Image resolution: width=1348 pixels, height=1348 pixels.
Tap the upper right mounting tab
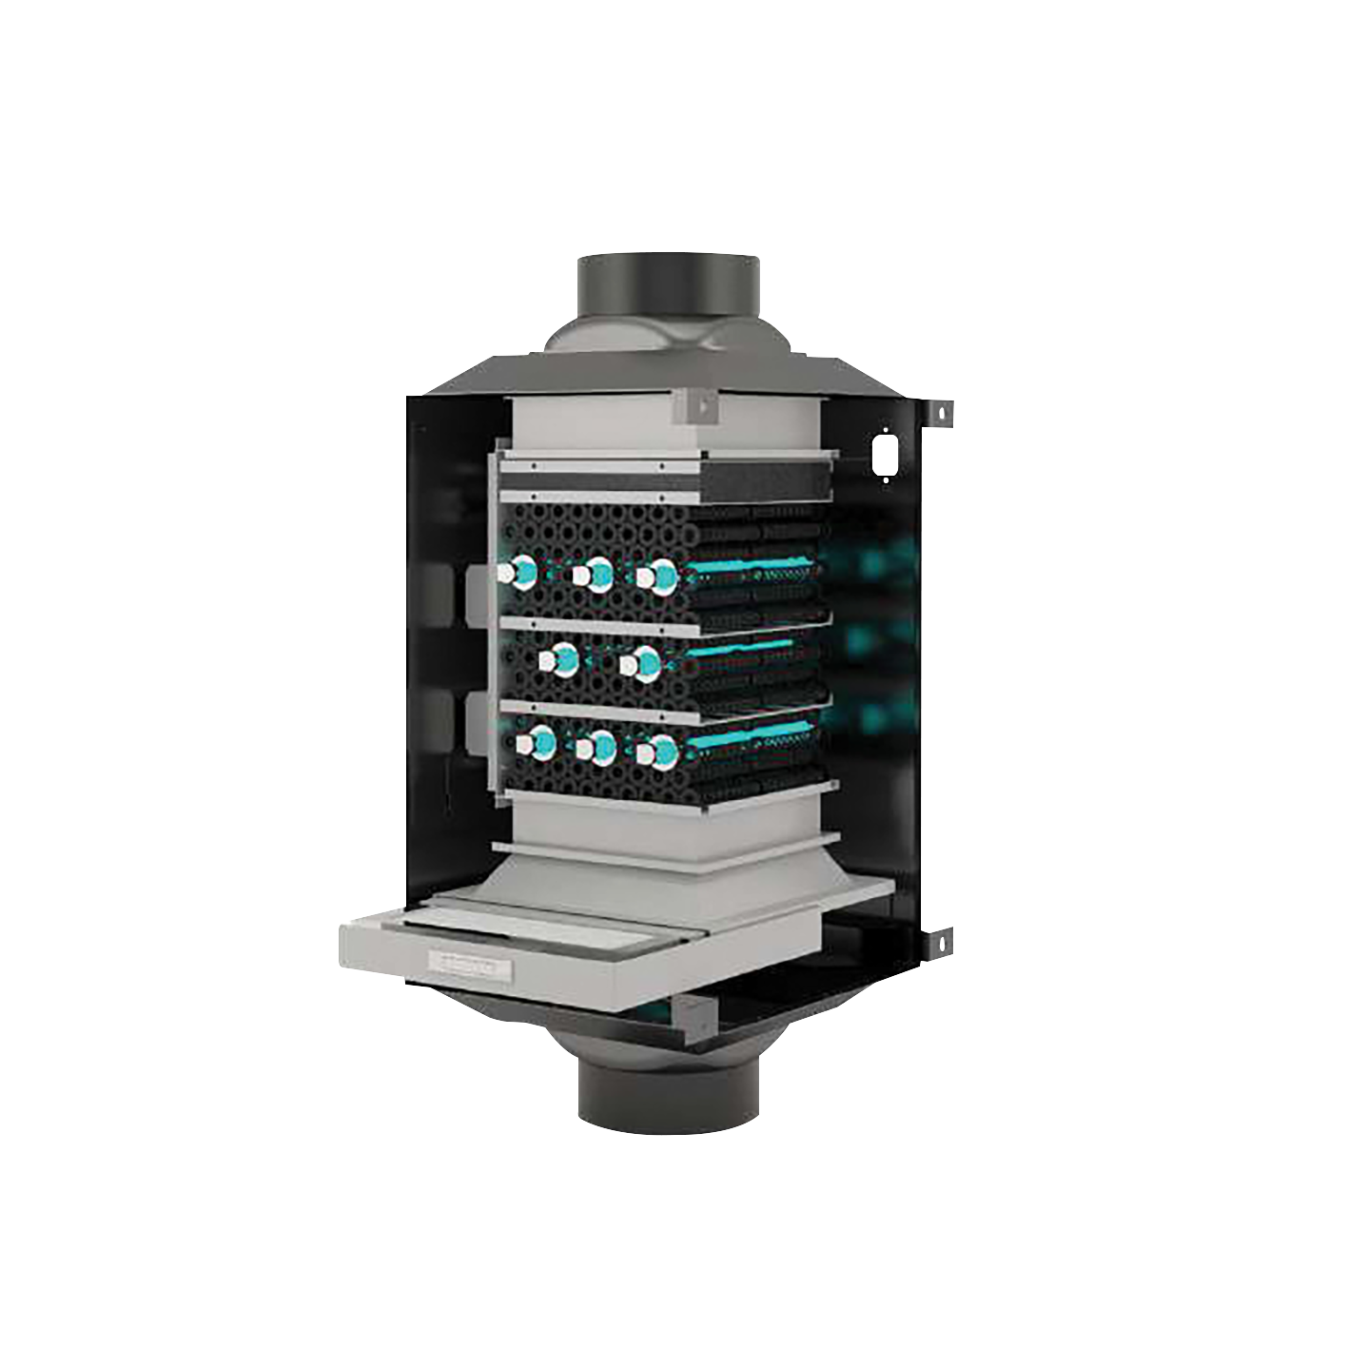pyautogui.click(x=940, y=412)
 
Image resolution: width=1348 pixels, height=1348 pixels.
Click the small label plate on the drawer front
pyautogui.click(x=468, y=966)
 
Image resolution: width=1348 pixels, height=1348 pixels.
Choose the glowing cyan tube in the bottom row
pyautogui.click(x=752, y=736)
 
